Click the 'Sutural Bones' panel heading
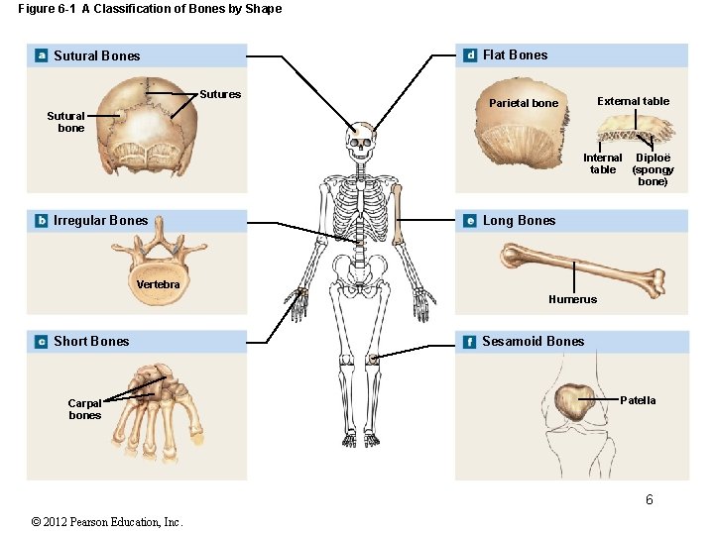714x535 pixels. [97, 55]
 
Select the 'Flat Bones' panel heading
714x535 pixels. [515, 55]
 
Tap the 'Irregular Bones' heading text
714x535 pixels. [100, 220]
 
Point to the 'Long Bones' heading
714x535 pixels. [519, 220]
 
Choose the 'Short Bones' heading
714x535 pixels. [91, 341]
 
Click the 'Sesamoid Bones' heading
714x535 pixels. [533, 341]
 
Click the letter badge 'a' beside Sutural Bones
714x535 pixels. [41, 55]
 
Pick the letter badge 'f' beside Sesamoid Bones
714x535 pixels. [469, 342]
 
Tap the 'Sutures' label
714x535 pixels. [220, 95]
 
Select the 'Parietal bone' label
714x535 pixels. [523, 103]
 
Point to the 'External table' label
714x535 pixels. [633, 101]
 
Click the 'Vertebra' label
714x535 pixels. [159, 284]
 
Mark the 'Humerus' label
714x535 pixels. [572, 299]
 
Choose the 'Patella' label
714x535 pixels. [638, 400]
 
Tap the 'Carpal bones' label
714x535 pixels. [84, 409]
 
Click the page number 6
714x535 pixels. [650, 499]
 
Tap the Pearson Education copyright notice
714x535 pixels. [107, 522]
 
